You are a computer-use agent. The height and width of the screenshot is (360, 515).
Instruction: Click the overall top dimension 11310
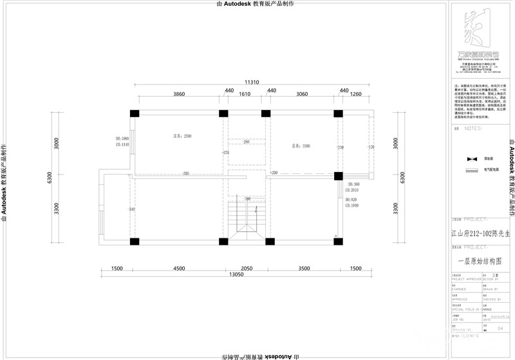252,82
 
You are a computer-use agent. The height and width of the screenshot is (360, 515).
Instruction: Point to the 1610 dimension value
245,94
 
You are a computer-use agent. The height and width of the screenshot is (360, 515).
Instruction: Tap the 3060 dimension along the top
301,94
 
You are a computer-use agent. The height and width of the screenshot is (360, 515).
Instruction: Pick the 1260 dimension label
356,94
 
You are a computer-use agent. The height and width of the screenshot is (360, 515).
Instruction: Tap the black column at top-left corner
135,114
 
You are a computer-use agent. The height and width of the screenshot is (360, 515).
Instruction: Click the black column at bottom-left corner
135,242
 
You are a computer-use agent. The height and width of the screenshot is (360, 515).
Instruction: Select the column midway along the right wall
338,176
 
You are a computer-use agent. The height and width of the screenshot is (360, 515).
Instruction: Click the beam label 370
226,153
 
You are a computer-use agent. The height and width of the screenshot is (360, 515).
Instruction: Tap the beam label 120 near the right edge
371,147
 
